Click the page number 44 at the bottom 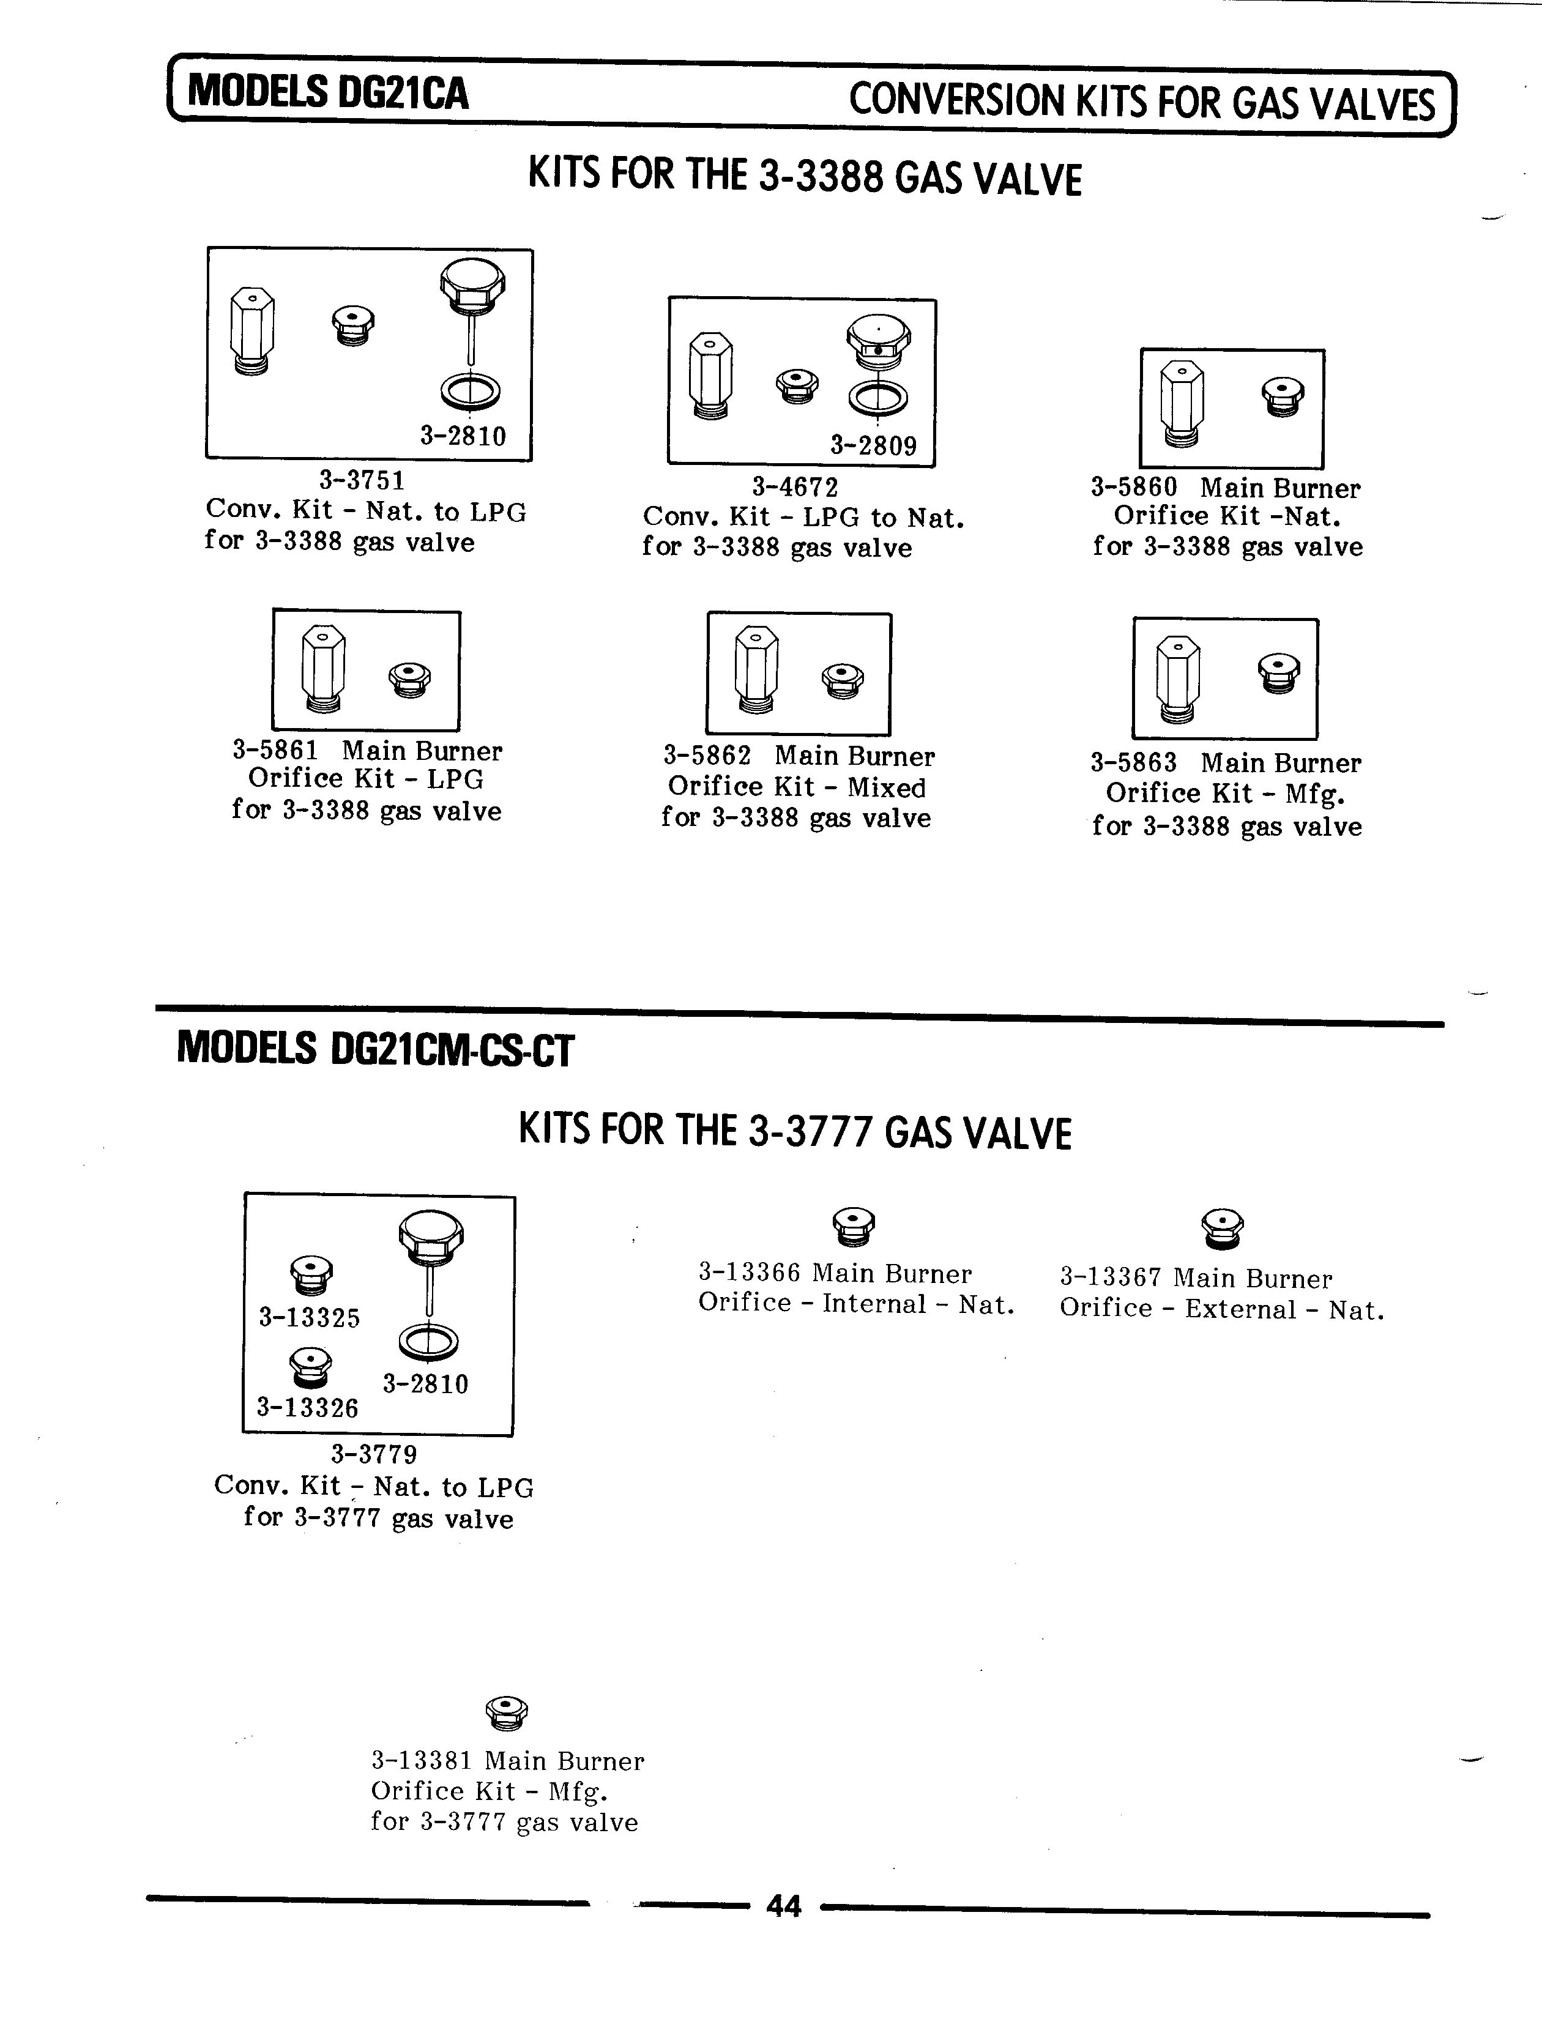pyautogui.click(x=783, y=1907)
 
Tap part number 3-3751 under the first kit pyautogui.click(x=362, y=480)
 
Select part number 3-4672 pyautogui.click(x=795, y=486)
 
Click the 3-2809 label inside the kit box pyautogui.click(x=873, y=446)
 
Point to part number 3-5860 pyautogui.click(x=1133, y=486)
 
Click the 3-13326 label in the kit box pyautogui.click(x=307, y=1408)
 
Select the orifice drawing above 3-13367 pyautogui.click(x=1223, y=1228)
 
